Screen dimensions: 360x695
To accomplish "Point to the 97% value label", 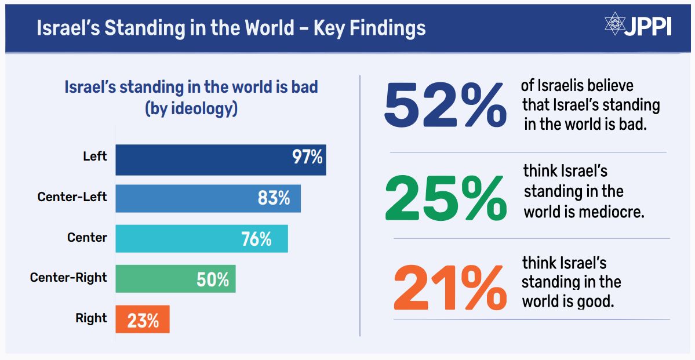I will [x=307, y=158].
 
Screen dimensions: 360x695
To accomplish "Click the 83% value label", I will [x=274, y=198].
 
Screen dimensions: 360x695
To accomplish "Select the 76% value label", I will [x=256, y=238].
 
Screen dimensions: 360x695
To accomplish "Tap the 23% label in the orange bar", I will [x=143, y=320].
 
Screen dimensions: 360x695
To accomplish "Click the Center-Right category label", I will [x=68, y=278].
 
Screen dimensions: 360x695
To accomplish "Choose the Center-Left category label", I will [x=72, y=197].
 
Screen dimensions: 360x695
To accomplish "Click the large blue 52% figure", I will [x=445, y=105].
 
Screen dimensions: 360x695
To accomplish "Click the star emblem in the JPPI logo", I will [x=613, y=24].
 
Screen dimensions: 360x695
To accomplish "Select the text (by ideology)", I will [x=191, y=108].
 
